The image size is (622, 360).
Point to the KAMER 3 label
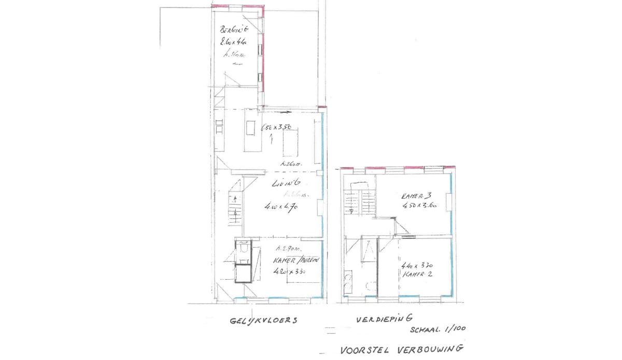tap(416, 196)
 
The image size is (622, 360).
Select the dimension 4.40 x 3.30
tap(417, 266)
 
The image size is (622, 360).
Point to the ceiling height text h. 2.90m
tap(289, 248)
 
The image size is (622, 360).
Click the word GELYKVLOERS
tap(264, 321)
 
